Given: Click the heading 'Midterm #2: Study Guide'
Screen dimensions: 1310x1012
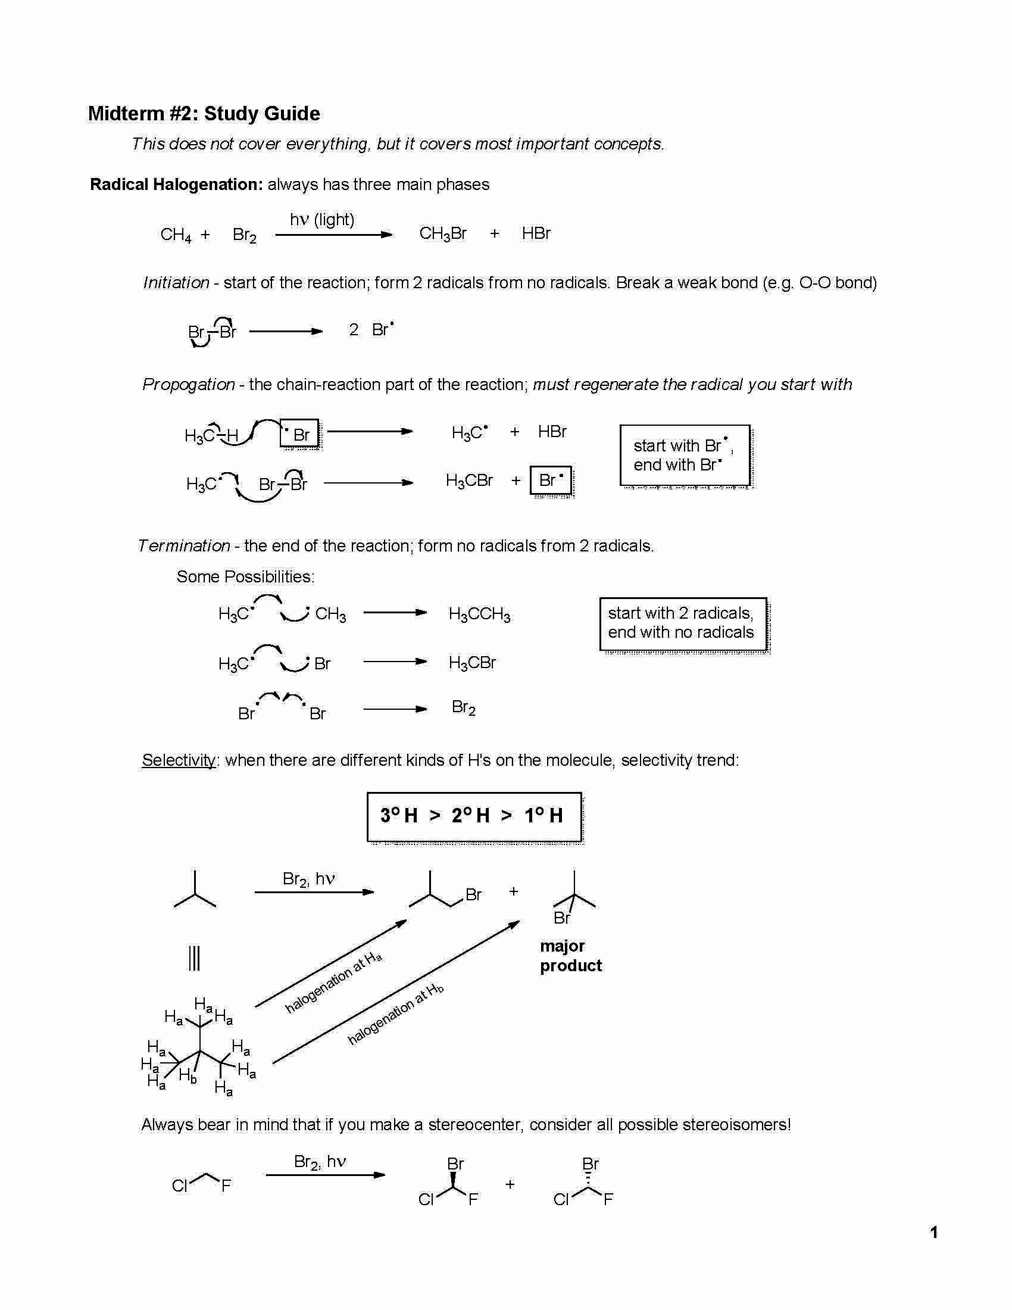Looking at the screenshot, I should pyautogui.click(x=204, y=113).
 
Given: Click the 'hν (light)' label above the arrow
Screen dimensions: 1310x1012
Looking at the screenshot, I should pyautogui.click(x=322, y=220).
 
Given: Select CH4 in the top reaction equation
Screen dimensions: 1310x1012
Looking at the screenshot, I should pyautogui.click(x=176, y=235).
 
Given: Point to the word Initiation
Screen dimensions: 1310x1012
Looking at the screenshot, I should pyautogui.click(x=176, y=282).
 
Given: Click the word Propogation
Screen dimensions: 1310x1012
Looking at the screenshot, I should pyautogui.click(x=188, y=385).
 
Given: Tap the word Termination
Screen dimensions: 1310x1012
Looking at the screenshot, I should pyautogui.click(x=184, y=546).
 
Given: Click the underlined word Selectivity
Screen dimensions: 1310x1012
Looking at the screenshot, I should pyautogui.click(x=179, y=760).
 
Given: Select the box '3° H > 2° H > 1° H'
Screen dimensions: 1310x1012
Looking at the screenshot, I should pyautogui.click(x=474, y=816).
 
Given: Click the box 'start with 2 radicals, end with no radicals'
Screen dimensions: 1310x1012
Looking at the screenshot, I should pyautogui.click(x=683, y=623).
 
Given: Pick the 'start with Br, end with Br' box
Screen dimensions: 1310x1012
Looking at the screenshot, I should pyautogui.click(x=684, y=456).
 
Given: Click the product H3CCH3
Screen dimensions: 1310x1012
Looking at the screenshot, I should pyautogui.click(x=479, y=615).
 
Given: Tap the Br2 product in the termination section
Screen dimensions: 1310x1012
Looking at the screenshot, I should pyautogui.click(x=463, y=708).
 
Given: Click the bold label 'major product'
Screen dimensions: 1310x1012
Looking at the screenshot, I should pyautogui.click(x=570, y=956).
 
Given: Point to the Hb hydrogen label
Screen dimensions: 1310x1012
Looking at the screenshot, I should pyautogui.click(x=188, y=1075).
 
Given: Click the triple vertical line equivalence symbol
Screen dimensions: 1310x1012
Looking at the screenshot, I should pyautogui.click(x=194, y=958).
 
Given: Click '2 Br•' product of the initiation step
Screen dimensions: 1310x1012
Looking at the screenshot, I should pyautogui.click(x=371, y=329).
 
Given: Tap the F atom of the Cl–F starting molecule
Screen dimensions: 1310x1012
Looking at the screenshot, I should pyautogui.click(x=226, y=1185).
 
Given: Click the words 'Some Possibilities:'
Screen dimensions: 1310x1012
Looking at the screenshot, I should pyautogui.click(x=245, y=577).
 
